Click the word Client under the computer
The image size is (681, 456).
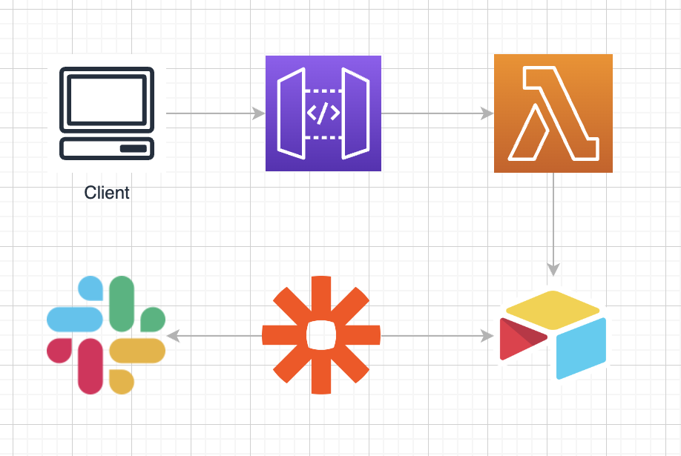click(107, 194)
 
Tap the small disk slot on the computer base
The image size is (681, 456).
click(133, 148)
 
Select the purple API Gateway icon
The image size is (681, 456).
click(323, 113)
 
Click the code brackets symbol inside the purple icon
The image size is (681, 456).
click(323, 113)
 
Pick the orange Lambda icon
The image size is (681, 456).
click(553, 113)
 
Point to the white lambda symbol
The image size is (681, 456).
click(553, 113)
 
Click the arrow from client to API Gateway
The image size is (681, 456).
click(215, 113)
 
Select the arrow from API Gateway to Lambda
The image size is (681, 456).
click(438, 113)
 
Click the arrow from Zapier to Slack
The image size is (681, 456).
click(215, 336)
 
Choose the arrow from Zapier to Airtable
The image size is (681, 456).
click(438, 336)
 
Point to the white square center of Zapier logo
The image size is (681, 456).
click(321, 336)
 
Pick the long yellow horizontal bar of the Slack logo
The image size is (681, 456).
click(137, 351)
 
